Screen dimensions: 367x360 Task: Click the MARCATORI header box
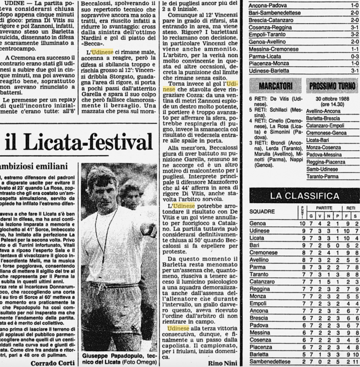(275, 86)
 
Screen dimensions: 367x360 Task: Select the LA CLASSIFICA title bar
(304, 196)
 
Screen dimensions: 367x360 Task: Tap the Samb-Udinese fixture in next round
(322, 169)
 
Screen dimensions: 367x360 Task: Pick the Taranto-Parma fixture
(322, 176)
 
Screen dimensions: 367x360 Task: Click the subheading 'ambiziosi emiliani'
(34, 166)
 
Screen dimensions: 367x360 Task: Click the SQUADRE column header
(262, 211)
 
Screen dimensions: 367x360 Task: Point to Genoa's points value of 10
(302, 223)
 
